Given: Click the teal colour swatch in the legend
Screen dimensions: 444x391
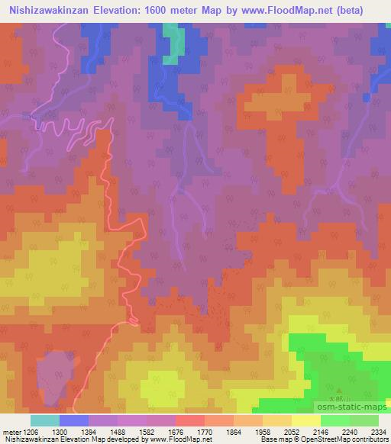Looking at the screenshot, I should click(x=44, y=420).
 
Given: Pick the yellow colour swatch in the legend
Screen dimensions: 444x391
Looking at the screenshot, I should click(x=305, y=420).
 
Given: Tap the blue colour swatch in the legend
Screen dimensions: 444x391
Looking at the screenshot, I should click(x=74, y=420).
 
